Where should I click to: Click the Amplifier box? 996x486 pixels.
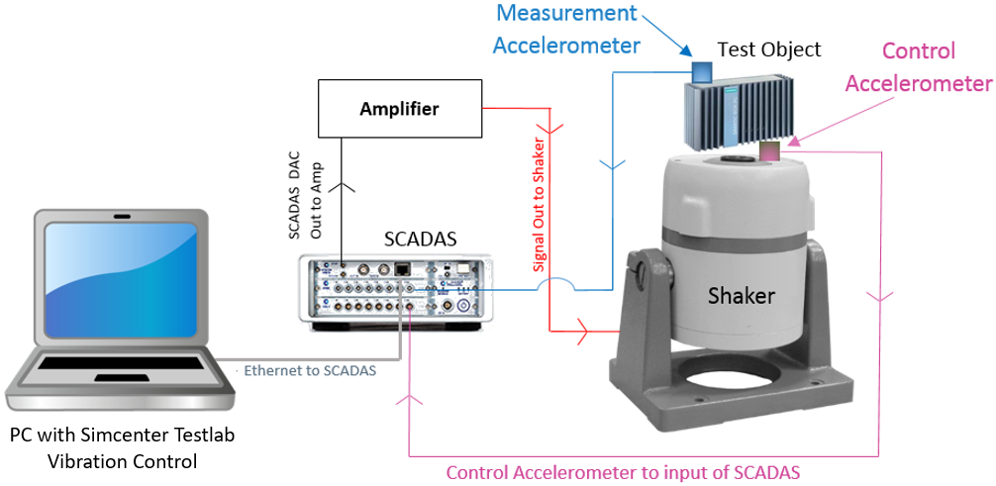pyautogui.click(x=400, y=108)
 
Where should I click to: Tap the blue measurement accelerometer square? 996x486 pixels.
pyautogui.click(x=701, y=71)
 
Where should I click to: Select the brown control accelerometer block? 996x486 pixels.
pyautogui.click(x=769, y=150)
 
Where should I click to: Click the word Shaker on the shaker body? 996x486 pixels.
pyautogui.click(x=741, y=294)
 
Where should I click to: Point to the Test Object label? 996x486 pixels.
pyautogui.click(x=769, y=49)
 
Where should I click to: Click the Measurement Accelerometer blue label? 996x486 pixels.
pyautogui.click(x=566, y=29)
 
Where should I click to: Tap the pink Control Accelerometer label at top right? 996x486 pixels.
pyautogui.click(x=918, y=66)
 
